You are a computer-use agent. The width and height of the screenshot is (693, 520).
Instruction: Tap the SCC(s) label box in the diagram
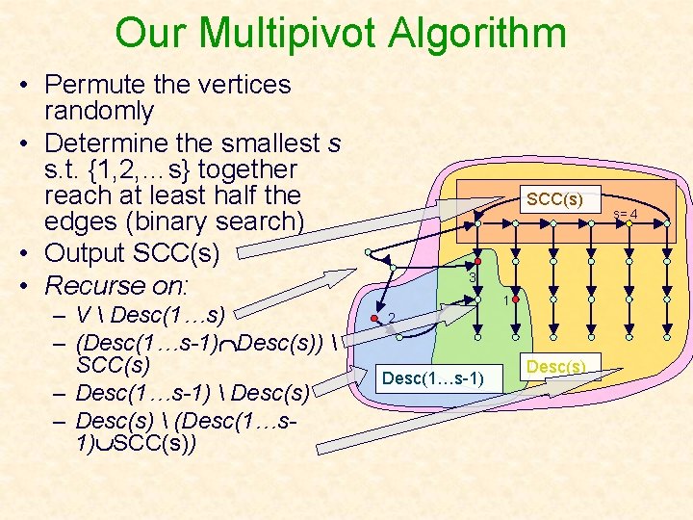[553, 199]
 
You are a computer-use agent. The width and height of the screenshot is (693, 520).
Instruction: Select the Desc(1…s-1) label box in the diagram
[433, 378]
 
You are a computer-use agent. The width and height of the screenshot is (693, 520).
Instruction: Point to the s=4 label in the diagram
[626, 214]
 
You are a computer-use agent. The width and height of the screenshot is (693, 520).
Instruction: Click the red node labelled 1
[516, 300]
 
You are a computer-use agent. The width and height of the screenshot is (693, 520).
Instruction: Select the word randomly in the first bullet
[99, 112]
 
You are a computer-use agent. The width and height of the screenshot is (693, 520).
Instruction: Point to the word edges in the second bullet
[83, 221]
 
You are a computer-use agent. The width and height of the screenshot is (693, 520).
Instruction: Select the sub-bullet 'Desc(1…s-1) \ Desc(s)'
[192, 393]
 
